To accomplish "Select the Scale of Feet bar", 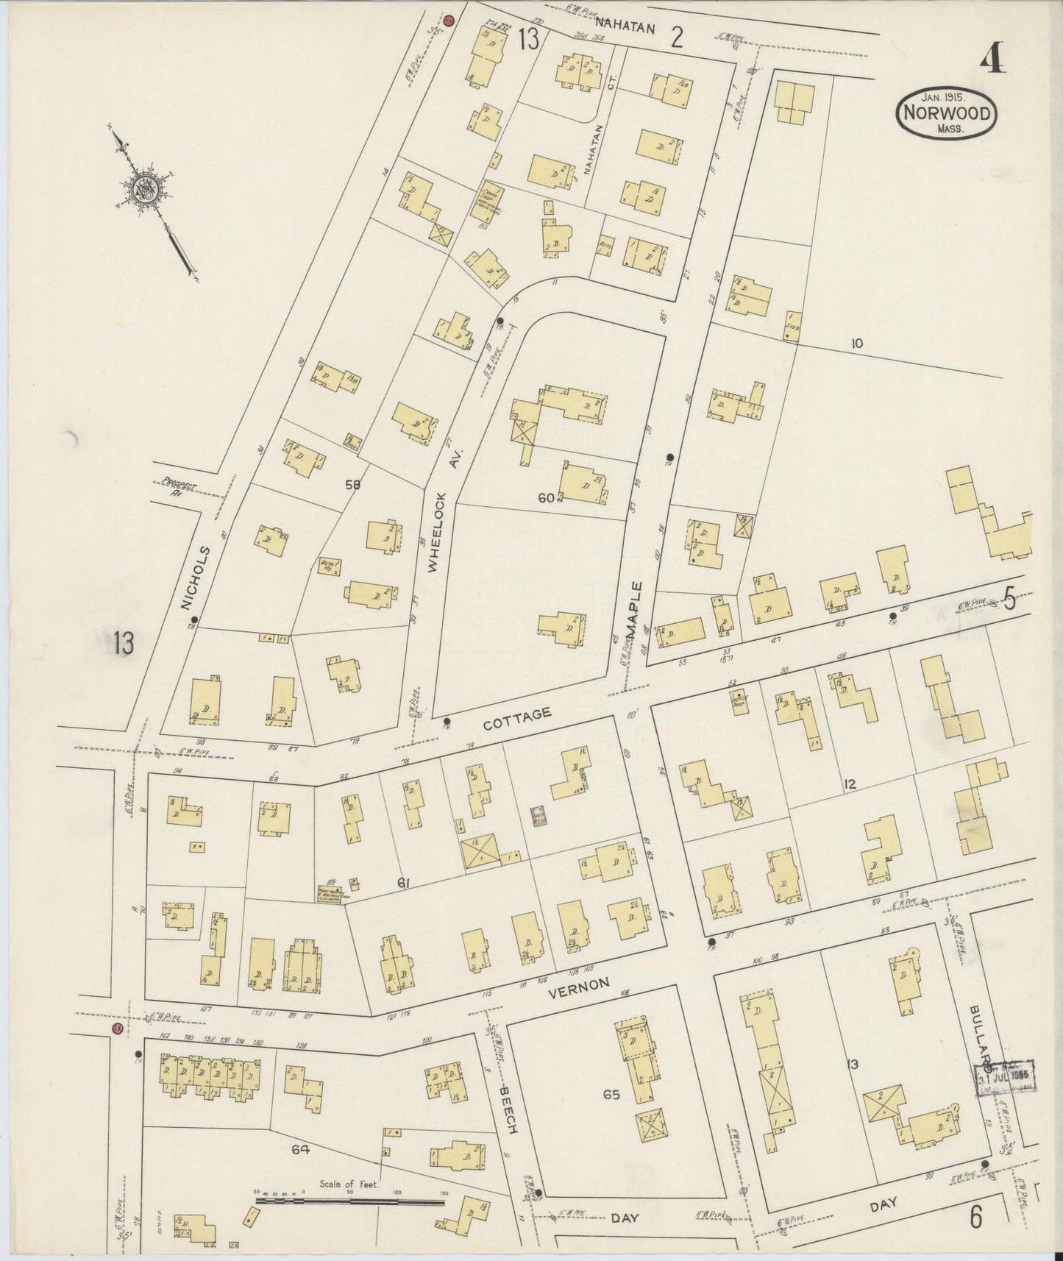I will click(350, 1201).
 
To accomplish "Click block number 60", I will click(545, 498).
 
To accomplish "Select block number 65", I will click(611, 1094).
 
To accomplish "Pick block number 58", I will click(352, 484).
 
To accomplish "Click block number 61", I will click(403, 884).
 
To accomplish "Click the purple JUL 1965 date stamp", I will click(1006, 1079).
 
